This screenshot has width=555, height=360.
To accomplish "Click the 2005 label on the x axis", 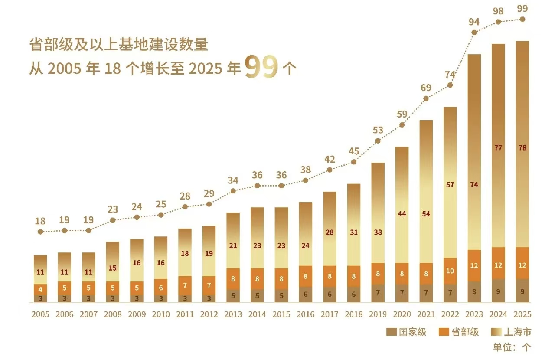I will (x=40, y=314).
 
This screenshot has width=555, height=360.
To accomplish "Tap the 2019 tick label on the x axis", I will (x=378, y=314).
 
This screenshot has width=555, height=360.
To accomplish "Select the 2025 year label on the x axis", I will (x=522, y=314).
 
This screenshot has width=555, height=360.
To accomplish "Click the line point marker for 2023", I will (x=474, y=33).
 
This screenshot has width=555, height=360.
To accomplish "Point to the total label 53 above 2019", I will (x=378, y=130).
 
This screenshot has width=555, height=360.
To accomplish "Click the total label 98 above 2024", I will (x=498, y=11).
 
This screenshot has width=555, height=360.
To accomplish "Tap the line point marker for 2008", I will (x=113, y=220).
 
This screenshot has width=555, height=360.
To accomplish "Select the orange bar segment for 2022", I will (x=450, y=271).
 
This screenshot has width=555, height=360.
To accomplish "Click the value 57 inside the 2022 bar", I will (x=450, y=185).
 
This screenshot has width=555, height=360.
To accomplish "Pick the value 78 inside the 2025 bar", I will (x=522, y=148).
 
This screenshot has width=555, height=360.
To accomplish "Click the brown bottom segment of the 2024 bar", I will (x=498, y=291).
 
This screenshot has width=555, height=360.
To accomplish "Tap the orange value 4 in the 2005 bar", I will (x=40, y=290).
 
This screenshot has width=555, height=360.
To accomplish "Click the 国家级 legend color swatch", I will (x=392, y=332).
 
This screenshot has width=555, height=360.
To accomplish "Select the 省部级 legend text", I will (x=465, y=332).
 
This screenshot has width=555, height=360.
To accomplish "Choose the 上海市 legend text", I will (x=517, y=332).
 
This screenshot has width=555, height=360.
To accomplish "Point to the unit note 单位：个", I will (x=512, y=347).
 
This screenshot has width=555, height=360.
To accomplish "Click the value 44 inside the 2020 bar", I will (x=402, y=214).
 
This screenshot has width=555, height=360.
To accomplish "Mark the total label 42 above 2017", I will (x=330, y=159).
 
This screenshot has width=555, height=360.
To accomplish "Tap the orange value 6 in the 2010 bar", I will (x=161, y=288).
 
